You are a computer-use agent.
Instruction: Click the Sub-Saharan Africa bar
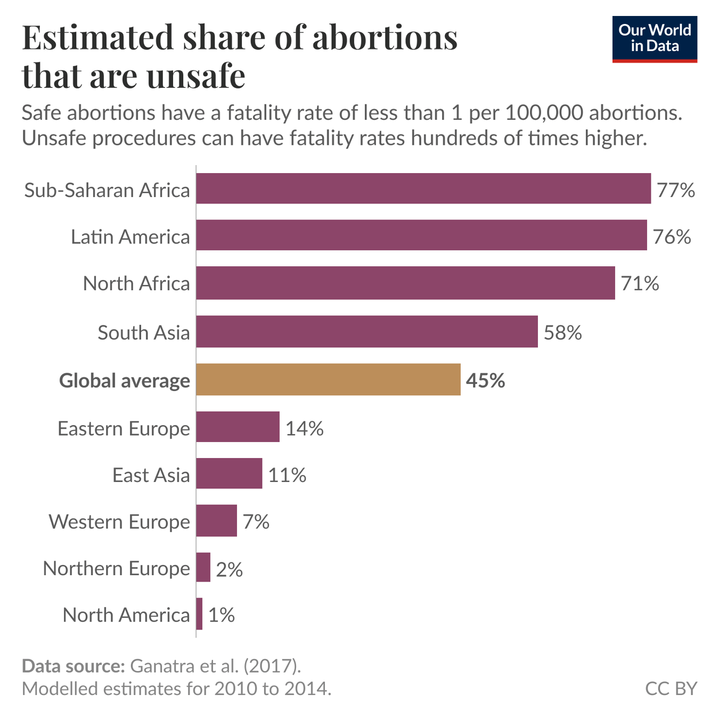(x=423, y=189)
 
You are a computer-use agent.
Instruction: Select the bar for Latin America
(x=421, y=235)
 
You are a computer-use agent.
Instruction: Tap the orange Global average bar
(x=328, y=380)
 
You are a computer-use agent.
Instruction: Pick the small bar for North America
(x=199, y=614)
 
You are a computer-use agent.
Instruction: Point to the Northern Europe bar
(x=203, y=568)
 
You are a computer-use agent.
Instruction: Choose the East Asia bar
(x=229, y=473)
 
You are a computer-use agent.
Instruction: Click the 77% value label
(x=675, y=190)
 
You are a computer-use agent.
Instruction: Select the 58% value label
(x=562, y=333)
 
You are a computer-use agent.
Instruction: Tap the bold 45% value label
(x=485, y=380)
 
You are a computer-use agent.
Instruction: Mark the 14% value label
(x=304, y=428)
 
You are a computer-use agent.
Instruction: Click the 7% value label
(x=256, y=521)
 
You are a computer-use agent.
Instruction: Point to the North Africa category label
(x=136, y=283)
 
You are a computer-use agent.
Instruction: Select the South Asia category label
(x=144, y=332)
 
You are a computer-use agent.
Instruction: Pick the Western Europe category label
(x=119, y=521)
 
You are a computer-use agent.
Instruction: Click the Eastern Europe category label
(x=124, y=428)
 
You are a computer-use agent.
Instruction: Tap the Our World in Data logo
(x=654, y=39)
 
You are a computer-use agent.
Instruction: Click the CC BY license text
(x=671, y=689)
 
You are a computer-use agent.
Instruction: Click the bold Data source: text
(x=73, y=666)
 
